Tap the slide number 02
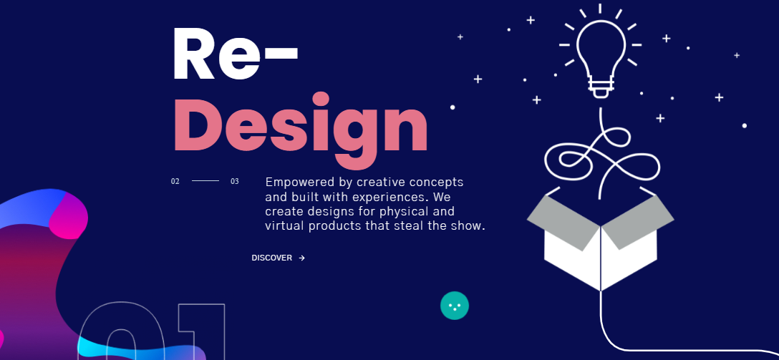tap(175, 181)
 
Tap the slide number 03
tap(235, 181)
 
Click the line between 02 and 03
tap(205, 181)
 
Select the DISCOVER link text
tap(272, 258)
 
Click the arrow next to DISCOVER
tap(302, 258)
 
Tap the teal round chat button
tap(455, 306)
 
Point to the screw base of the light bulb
tap(600, 87)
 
